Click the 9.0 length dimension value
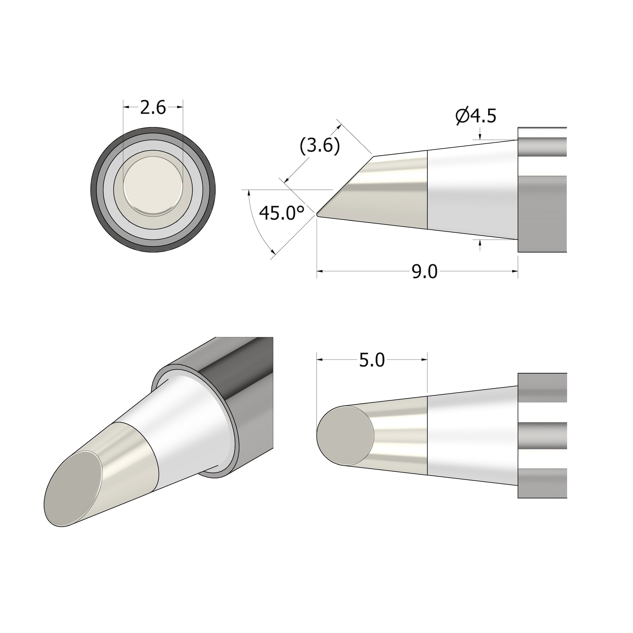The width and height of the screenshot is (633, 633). tap(425, 272)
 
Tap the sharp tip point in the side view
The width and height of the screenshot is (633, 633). tap(318, 215)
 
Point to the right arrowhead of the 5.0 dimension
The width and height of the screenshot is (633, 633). tap(425, 360)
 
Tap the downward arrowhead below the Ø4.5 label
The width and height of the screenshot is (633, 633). tap(480, 137)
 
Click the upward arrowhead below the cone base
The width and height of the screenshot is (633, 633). tap(480, 243)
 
